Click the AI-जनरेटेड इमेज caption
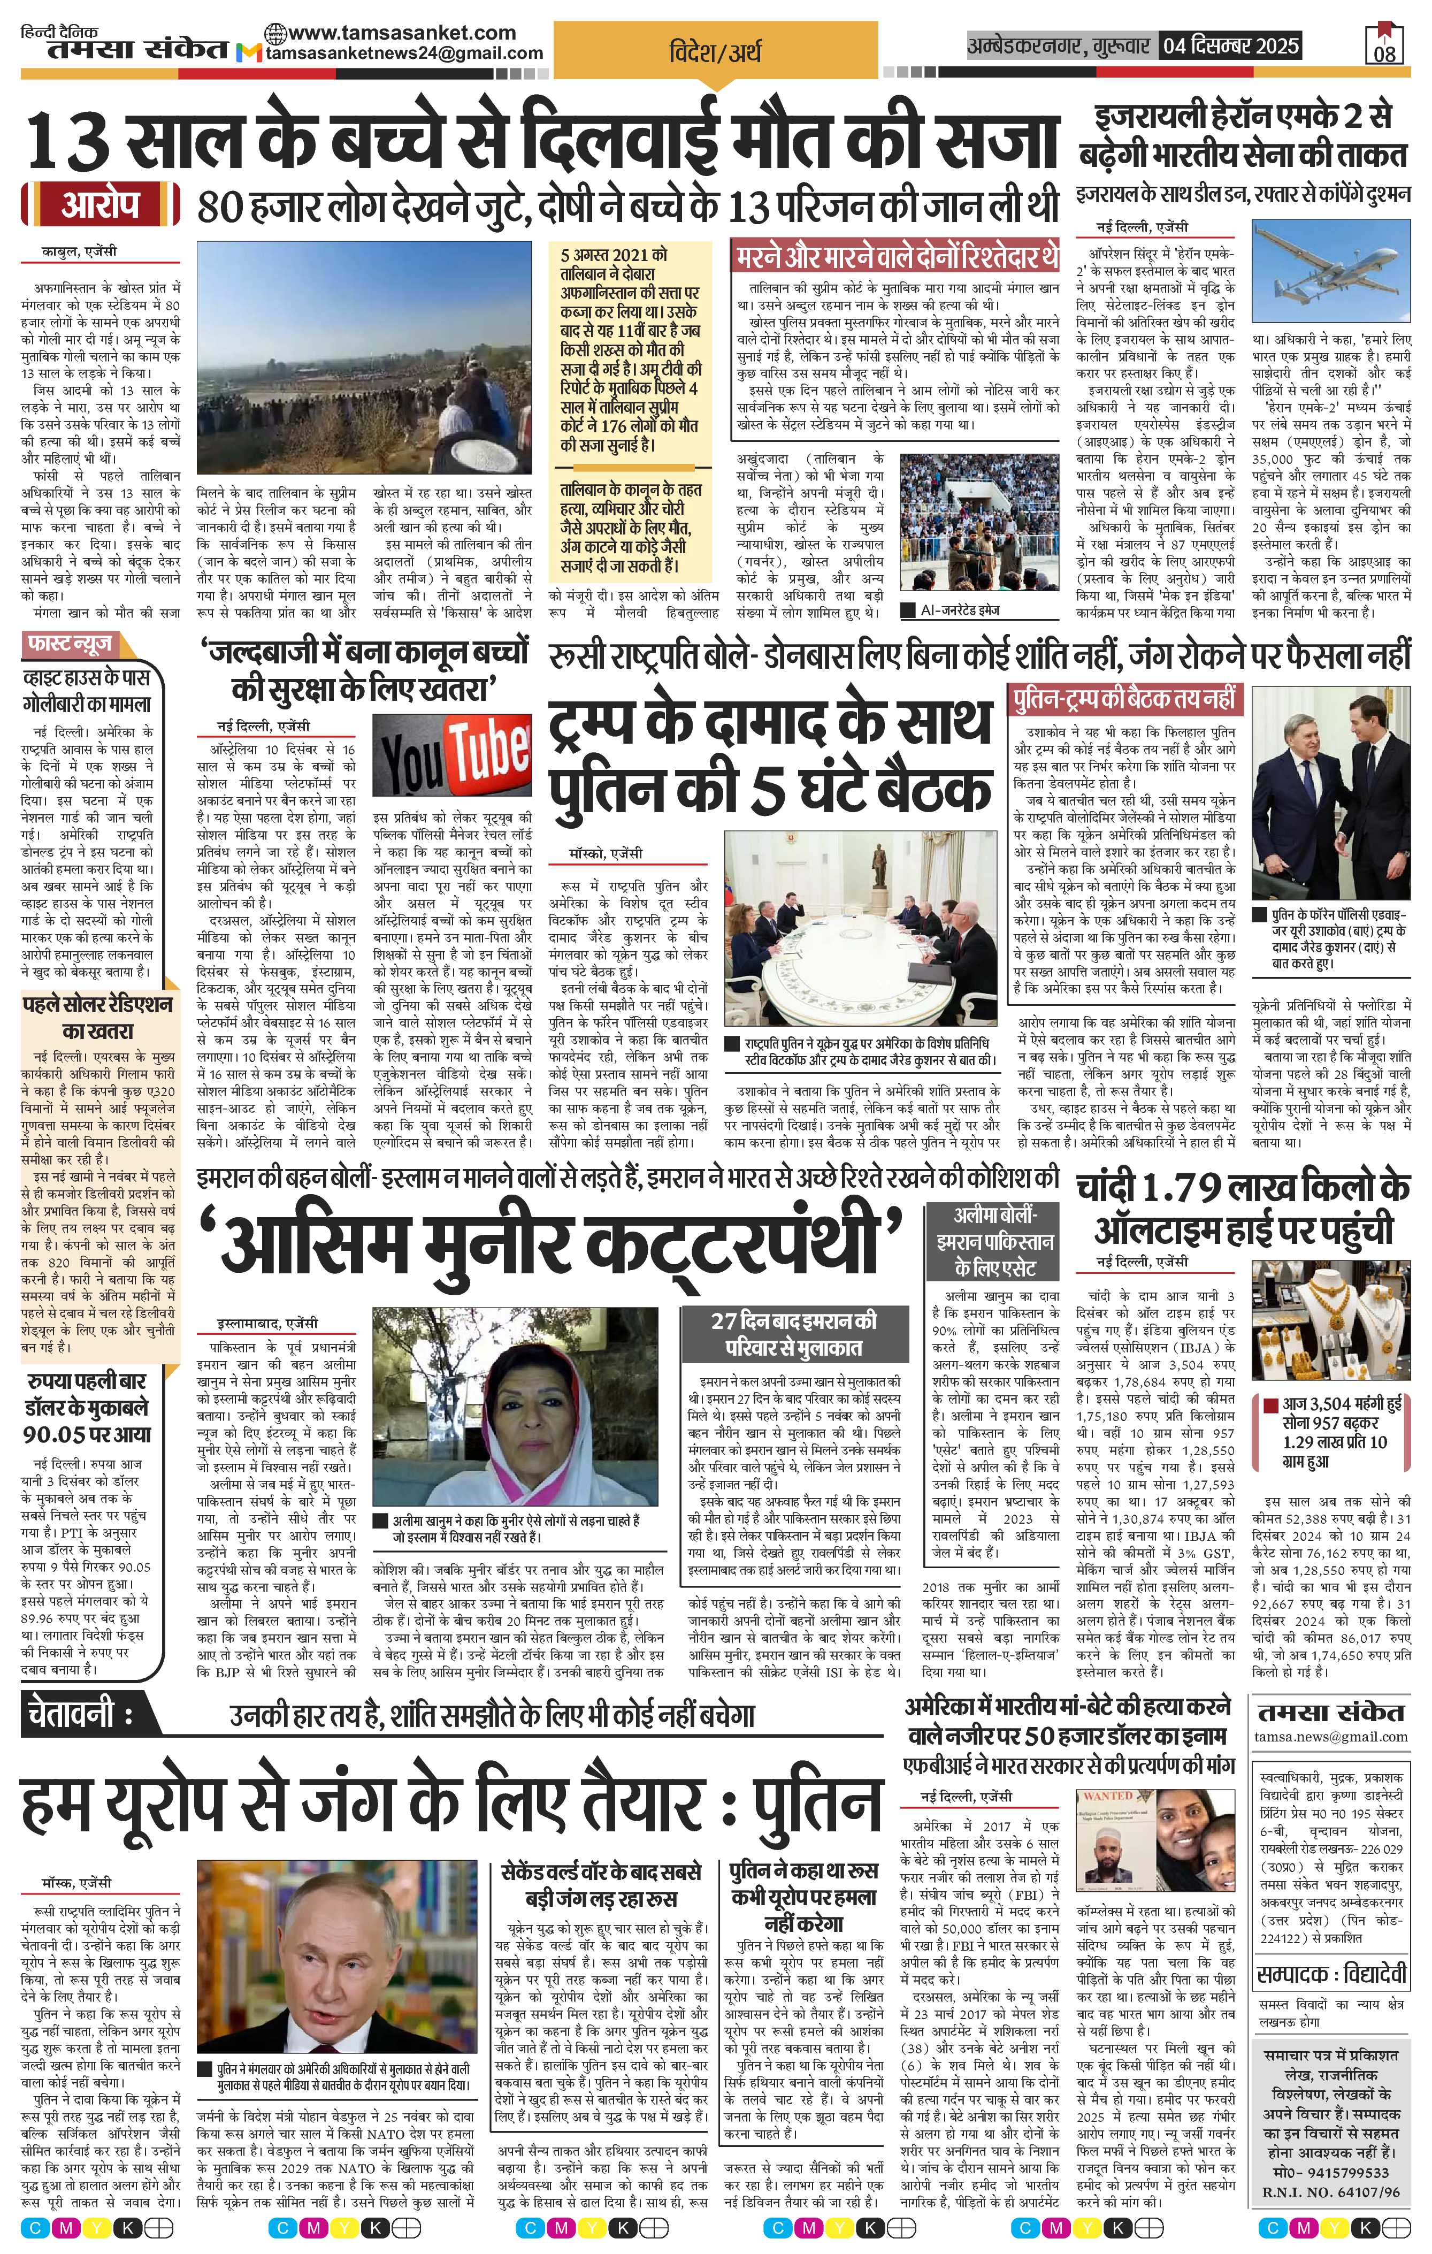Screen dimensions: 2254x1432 [959, 610]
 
